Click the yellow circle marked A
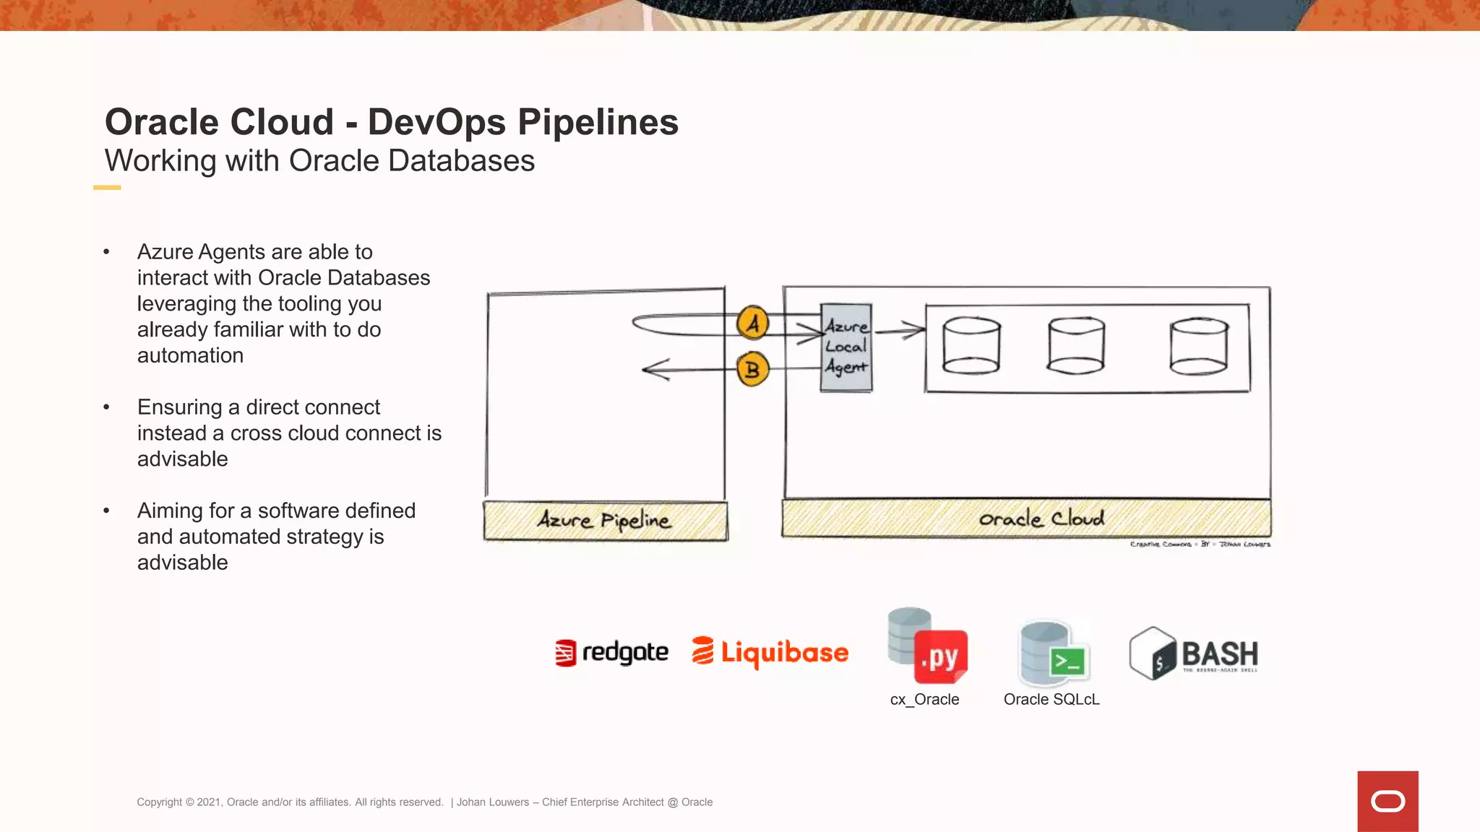coord(753,323)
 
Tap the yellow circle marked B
coord(752,370)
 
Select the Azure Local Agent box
coord(846,347)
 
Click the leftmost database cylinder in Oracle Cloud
coord(971,346)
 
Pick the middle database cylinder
coord(1076,346)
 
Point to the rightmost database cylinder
coord(1199,346)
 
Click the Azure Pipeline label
coord(605,520)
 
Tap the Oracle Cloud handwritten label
coord(1041,519)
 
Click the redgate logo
coord(611,653)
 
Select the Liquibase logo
coord(770,652)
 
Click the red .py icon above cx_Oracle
coord(940,656)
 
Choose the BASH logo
coord(1194,654)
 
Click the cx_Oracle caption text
coord(924,699)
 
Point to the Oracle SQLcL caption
coord(1051,699)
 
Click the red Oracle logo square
coord(1387,801)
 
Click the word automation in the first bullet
coord(190,355)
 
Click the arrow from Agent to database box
coord(900,331)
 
